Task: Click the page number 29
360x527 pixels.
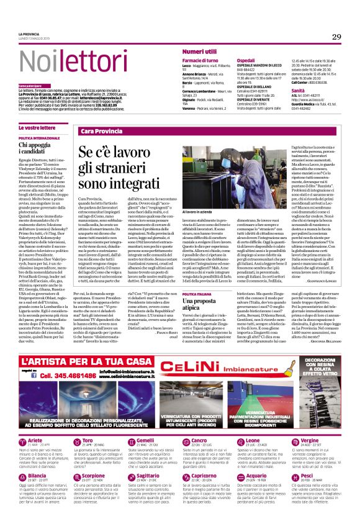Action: click(336, 37)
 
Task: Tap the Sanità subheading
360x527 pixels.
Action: click(299, 91)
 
